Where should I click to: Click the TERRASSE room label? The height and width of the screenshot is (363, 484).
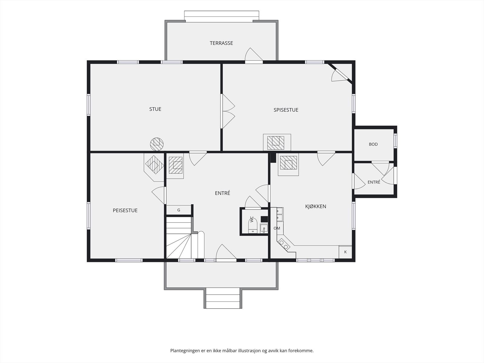point(221,43)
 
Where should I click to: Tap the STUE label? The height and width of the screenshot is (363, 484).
point(155,109)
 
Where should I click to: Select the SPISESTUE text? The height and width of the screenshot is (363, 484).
point(286,110)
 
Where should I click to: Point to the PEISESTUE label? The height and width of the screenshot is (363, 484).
point(125,211)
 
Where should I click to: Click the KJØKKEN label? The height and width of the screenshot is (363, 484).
point(316,206)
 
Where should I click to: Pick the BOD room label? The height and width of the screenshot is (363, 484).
point(373,144)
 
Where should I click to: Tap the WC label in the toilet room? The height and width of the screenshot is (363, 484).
point(252,219)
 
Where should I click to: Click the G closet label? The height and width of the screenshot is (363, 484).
point(178,210)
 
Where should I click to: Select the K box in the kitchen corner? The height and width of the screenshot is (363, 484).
point(345,252)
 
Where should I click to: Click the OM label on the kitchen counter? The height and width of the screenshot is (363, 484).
point(277,228)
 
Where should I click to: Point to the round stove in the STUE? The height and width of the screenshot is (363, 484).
point(157,144)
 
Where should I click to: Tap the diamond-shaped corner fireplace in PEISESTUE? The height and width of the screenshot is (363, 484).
point(155,165)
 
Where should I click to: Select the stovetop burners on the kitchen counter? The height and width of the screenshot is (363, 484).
point(284,245)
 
